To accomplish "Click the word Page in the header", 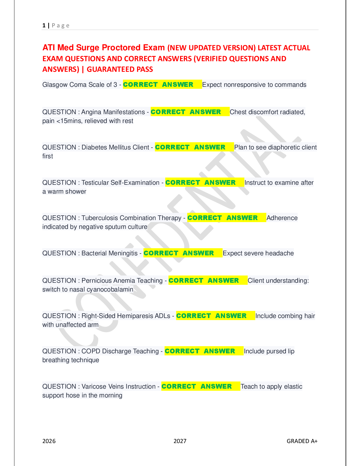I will tap(61, 26).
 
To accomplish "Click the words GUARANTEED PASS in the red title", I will tap(120, 69).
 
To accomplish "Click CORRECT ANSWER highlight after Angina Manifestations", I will tap(186, 112).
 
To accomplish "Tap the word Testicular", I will tap(95, 183).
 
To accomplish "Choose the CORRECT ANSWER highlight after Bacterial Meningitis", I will tap(179, 253).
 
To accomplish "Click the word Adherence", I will tap(282, 218).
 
